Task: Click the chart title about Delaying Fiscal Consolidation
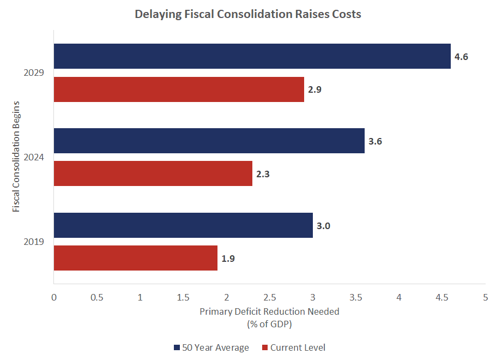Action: click(248, 15)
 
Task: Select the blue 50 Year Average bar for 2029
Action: click(252, 56)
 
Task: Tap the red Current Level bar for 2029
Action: click(179, 89)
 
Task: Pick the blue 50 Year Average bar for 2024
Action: click(209, 141)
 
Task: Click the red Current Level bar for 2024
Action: click(153, 173)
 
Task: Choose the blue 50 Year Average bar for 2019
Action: click(183, 225)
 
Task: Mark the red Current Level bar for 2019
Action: click(135, 258)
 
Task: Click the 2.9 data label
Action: click(314, 89)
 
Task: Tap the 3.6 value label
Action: click(375, 141)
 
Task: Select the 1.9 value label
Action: click(228, 259)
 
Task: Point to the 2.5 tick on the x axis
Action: click(269, 297)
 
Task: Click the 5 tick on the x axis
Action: click(485, 297)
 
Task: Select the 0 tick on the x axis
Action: click(54, 297)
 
